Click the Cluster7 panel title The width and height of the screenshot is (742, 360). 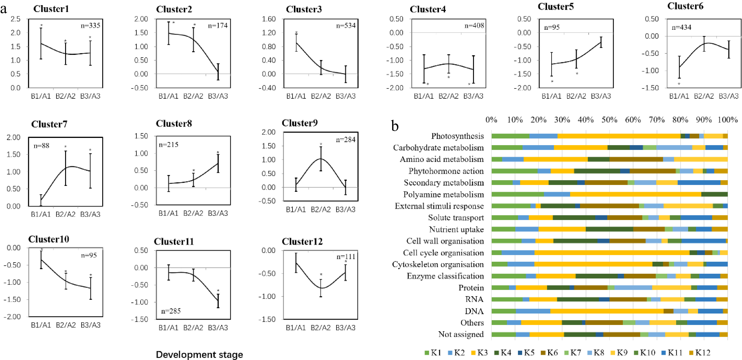tap(49, 124)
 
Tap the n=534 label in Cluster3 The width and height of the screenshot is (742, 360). tap(346, 26)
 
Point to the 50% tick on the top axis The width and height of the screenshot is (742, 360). tap(609, 120)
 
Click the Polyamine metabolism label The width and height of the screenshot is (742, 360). tap(443, 194)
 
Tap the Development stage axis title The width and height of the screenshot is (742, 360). tap(199, 354)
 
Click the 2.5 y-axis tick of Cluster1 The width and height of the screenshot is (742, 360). tap(16, 19)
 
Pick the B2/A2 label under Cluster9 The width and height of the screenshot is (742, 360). tap(321, 210)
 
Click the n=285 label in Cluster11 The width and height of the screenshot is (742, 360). tap(171, 311)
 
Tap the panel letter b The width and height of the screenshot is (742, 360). tap(395, 126)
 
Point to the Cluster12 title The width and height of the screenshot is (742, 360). tap(302, 242)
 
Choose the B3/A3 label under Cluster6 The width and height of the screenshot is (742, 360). tap(728, 96)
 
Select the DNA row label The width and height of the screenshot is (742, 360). tap(474, 311)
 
